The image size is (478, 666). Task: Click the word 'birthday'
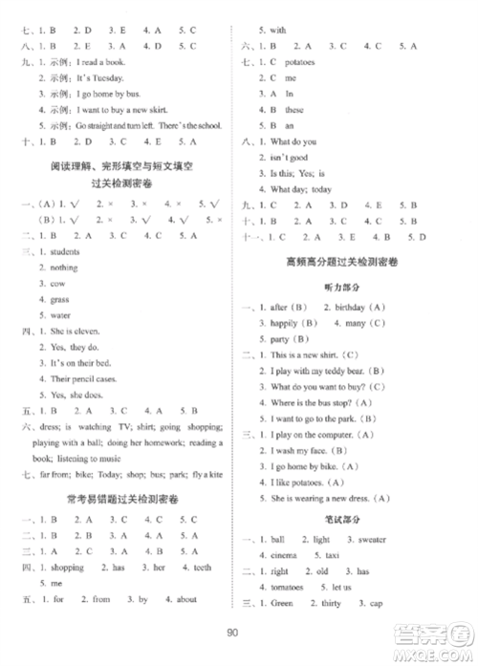pos(345,308)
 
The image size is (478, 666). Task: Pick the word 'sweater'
pos(373,540)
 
